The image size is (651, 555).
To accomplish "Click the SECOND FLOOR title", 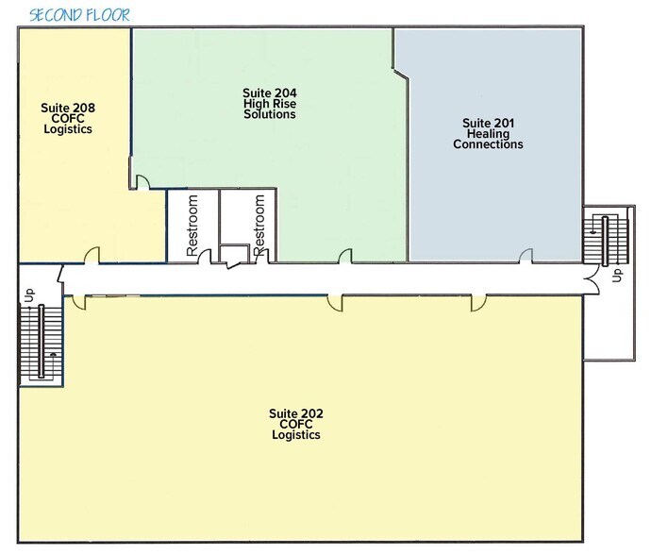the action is tap(79, 15).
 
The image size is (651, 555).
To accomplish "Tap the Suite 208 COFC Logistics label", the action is tap(68, 118).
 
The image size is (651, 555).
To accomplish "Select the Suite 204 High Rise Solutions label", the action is tap(270, 104).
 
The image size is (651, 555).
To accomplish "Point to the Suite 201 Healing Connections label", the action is tap(489, 134).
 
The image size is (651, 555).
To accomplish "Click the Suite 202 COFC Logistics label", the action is tap(296, 424).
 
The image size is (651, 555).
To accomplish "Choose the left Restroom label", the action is tap(192, 226).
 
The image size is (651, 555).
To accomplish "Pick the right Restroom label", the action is tap(259, 225).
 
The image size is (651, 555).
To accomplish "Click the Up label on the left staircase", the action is tap(29, 295).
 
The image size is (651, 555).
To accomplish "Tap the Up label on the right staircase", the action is tap(618, 275).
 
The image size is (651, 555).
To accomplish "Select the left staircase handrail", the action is tap(42, 341).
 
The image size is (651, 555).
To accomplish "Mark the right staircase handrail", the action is tap(606, 241).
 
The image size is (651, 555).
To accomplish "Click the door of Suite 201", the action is tap(526, 256).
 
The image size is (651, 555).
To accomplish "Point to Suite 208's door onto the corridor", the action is tap(92, 255).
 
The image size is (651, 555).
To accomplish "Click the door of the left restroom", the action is tap(205, 257).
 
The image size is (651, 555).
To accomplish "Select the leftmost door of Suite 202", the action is tap(79, 302).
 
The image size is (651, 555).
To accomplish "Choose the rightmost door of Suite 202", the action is tap(478, 303).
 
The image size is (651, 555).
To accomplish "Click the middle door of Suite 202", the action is tap(335, 303).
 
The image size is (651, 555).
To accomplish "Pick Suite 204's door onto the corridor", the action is tap(345, 256).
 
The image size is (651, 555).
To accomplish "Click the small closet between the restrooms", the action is tap(234, 253).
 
